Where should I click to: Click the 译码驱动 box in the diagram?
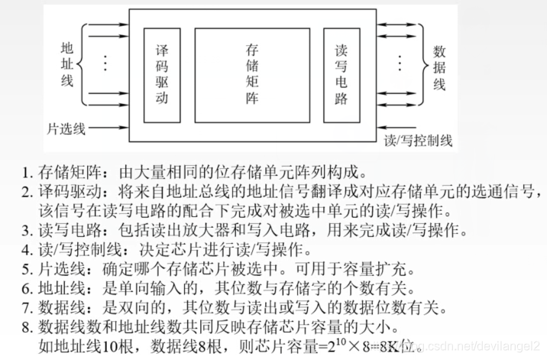pos(161,75)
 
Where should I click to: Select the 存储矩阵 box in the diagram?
pos(253,74)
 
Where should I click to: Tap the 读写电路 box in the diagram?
pos(341,75)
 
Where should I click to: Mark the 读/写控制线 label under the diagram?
pos(419,141)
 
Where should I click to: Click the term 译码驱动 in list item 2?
pos(66,190)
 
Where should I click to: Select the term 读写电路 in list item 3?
pos(66,230)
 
